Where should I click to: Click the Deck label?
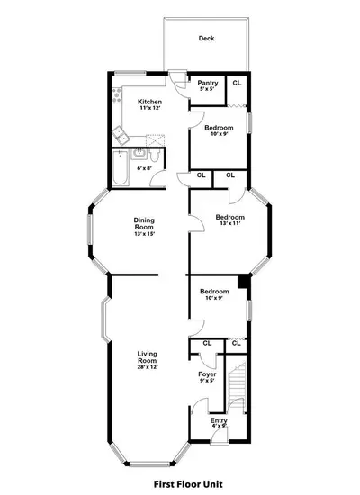pos(206,39)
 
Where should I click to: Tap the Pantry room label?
pos(208,83)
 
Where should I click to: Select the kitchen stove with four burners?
pos(117,95)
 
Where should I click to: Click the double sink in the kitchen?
pos(121,136)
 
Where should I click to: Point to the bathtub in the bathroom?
pos(121,168)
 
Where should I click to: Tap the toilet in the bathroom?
pos(155,155)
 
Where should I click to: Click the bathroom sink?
pos(139,154)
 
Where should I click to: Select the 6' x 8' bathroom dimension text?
pos(145,168)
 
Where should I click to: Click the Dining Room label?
pos(144,223)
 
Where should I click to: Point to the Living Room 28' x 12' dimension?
pos(148,367)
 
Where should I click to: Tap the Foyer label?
pos(207,374)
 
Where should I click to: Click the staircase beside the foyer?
pos(237,388)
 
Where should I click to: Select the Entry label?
pos(219,420)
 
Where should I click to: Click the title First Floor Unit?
pos(188,484)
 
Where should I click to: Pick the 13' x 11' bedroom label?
pos(230,220)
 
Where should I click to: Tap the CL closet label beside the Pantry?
pos(237,83)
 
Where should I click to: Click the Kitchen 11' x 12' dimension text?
pos(150,108)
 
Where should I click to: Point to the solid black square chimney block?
pos(243,282)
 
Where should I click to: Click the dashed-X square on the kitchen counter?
pos(155,139)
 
